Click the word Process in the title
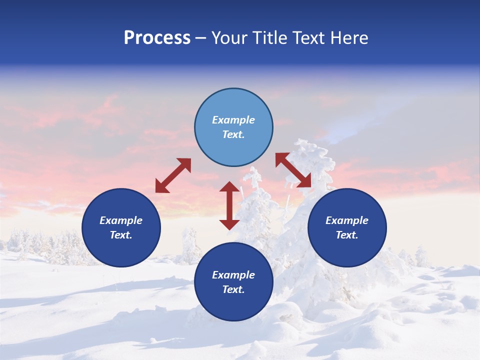point(157,38)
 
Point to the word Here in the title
point(349,38)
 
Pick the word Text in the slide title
point(309,38)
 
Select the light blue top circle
point(233,127)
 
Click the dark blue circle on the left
point(121,227)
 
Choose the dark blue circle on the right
point(347,227)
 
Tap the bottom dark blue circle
point(233,282)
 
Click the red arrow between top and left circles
point(173,175)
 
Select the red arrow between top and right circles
point(293,170)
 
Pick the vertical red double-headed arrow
point(229,205)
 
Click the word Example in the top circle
point(233,120)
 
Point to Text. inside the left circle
point(121,235)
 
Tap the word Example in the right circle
point(347,220)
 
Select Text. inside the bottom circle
point(233,289)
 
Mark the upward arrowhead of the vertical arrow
point(229,186)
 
